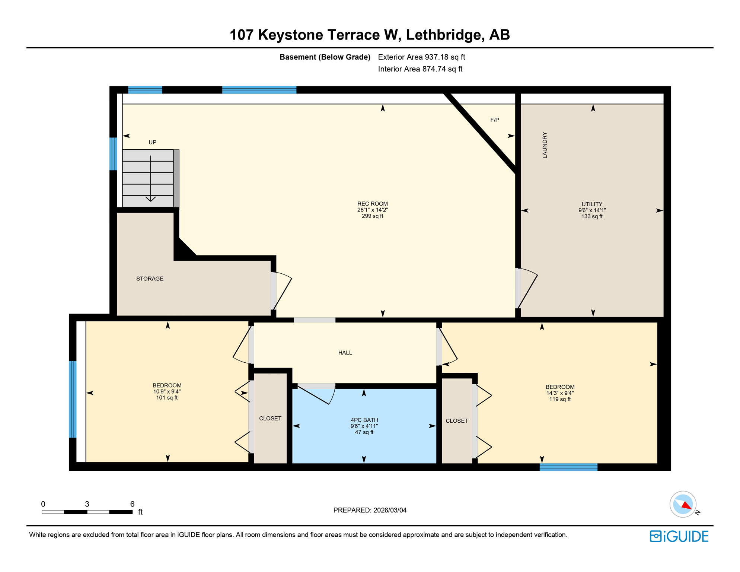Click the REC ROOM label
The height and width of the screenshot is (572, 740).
(x=372, y=204)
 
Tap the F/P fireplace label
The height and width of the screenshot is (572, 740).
(x=494, y=120)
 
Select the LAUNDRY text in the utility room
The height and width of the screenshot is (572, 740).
(x=545, y=145)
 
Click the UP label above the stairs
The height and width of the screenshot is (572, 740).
(x=152, y=142)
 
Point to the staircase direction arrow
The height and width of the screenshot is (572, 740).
(x=150, y=179)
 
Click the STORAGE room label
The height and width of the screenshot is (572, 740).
(x=150, y=279)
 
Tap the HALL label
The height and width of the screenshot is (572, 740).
(x=345, y=353)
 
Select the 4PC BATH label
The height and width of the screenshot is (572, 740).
(x=364, y=420)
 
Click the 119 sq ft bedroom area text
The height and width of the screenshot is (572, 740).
(x=560, y=399)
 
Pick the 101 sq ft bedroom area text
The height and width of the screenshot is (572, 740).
(x=167, y=398)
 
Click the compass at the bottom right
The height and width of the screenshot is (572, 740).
(x=683, y=504)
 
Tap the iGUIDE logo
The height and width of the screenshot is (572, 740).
(x=679, y=536)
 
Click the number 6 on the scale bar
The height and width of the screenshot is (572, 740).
(x=132, y=504)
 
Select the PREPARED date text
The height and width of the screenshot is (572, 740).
(x=370, y=510)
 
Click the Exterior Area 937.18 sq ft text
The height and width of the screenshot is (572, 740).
(x=421, y=57)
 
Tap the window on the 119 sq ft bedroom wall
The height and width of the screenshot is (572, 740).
(x=568, y=467)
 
